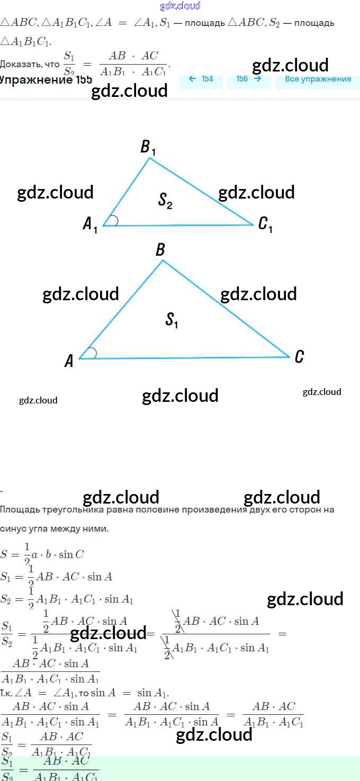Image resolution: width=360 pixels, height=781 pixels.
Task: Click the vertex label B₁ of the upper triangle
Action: coord(148,147)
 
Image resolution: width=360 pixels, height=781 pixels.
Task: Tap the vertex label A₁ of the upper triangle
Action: coord(90,225)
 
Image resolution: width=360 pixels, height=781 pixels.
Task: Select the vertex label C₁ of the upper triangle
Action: coord(265,225)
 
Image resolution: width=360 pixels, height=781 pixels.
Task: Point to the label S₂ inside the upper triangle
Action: coord(166,201)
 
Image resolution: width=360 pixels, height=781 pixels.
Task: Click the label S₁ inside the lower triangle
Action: coord(172,320)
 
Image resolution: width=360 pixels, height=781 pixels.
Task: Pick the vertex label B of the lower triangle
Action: coord(160,250)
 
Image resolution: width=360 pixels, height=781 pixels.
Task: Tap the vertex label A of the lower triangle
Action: coord(69,361)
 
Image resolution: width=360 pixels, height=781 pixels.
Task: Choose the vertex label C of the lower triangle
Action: coord(299,357)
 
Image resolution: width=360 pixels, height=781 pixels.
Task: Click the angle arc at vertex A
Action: coord(92,353)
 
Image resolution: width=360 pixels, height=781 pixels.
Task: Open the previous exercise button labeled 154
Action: coord(201,79)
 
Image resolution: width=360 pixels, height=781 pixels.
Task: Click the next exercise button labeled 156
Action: coord(249,79)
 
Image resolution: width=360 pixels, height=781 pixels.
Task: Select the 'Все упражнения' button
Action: coord(318,79)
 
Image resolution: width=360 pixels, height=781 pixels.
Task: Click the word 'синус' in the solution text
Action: coord(13,528)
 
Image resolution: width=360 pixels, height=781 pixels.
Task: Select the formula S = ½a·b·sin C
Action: coord(42,554)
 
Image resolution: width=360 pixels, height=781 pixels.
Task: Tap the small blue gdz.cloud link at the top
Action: coord(180,6)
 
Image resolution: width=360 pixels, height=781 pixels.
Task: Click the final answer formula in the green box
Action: coord(50,769)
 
